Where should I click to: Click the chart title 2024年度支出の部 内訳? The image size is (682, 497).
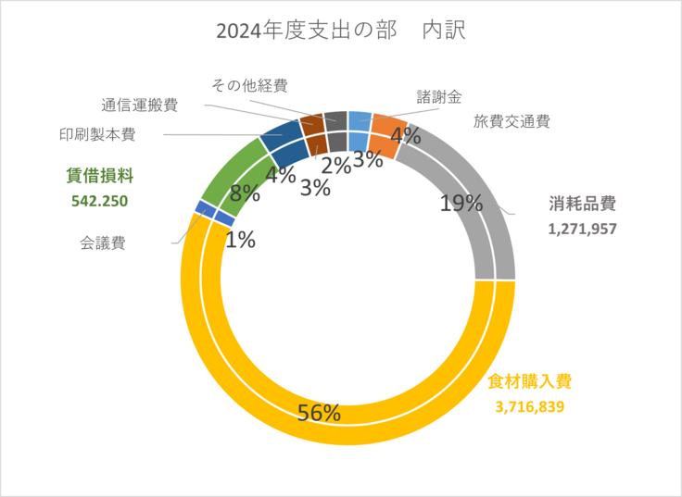click(x=340, y=31)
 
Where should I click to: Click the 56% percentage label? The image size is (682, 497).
click(x=319, y=412)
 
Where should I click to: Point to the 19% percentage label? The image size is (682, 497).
click(x=461, y=203)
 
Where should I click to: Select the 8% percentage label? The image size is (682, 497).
click(x=245, y=193)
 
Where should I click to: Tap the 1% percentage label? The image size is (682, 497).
click(x=241, y=240)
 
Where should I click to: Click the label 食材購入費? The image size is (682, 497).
click(x=530, y=380)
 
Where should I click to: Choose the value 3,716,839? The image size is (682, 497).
click(x=530, y=405)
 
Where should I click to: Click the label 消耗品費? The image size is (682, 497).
click(x=582, y=204)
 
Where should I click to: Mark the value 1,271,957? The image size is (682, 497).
click(x=582, y=228)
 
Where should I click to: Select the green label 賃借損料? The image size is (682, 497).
click(x=100, y=174)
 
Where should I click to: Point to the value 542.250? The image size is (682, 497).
click(x=99, y=200)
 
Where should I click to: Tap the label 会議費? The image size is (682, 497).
click(x=102, y=243)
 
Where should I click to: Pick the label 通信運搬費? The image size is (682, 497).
click(x=140, y=105)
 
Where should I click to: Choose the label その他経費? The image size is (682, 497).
click(x=249, y=85)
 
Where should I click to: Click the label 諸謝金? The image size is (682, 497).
click(x=439, y=96)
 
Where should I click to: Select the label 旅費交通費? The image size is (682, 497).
click(x=511, y=121)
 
